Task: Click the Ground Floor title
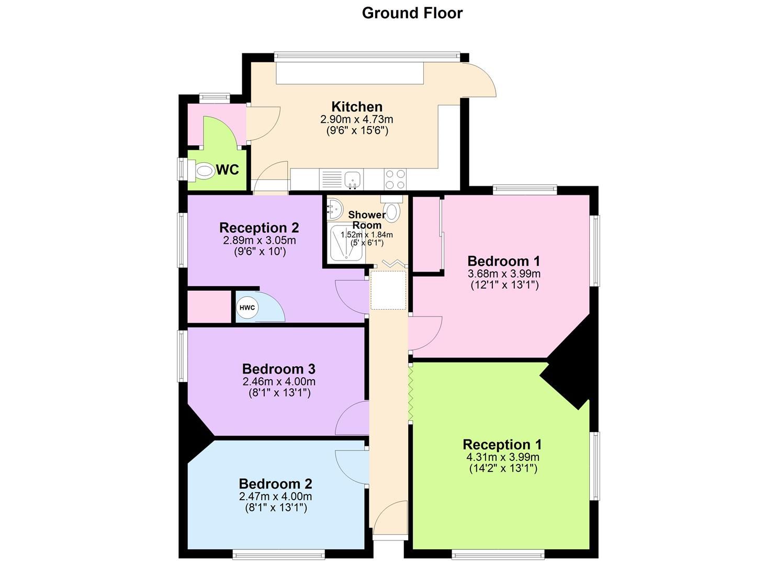coord(412,13)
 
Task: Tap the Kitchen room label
coord(357,107)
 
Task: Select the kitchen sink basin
coord(353,179)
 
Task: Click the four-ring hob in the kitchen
coord(395,179)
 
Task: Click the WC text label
coord(228,169)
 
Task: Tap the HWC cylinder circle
coord(247,308)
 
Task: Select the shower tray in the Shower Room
coord(346,243)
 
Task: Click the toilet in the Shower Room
coord(391,208)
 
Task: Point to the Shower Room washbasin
coord(333,209)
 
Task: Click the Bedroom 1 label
coord(504,261)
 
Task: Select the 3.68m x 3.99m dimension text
coord(504,274)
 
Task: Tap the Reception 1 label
coord(502,444)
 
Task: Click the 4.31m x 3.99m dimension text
coord(503,457)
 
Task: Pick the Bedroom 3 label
coord(278,369)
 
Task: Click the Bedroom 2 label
coord(275,483)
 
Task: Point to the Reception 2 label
coord(259,228)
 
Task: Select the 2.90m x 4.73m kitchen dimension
coord(357,119)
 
